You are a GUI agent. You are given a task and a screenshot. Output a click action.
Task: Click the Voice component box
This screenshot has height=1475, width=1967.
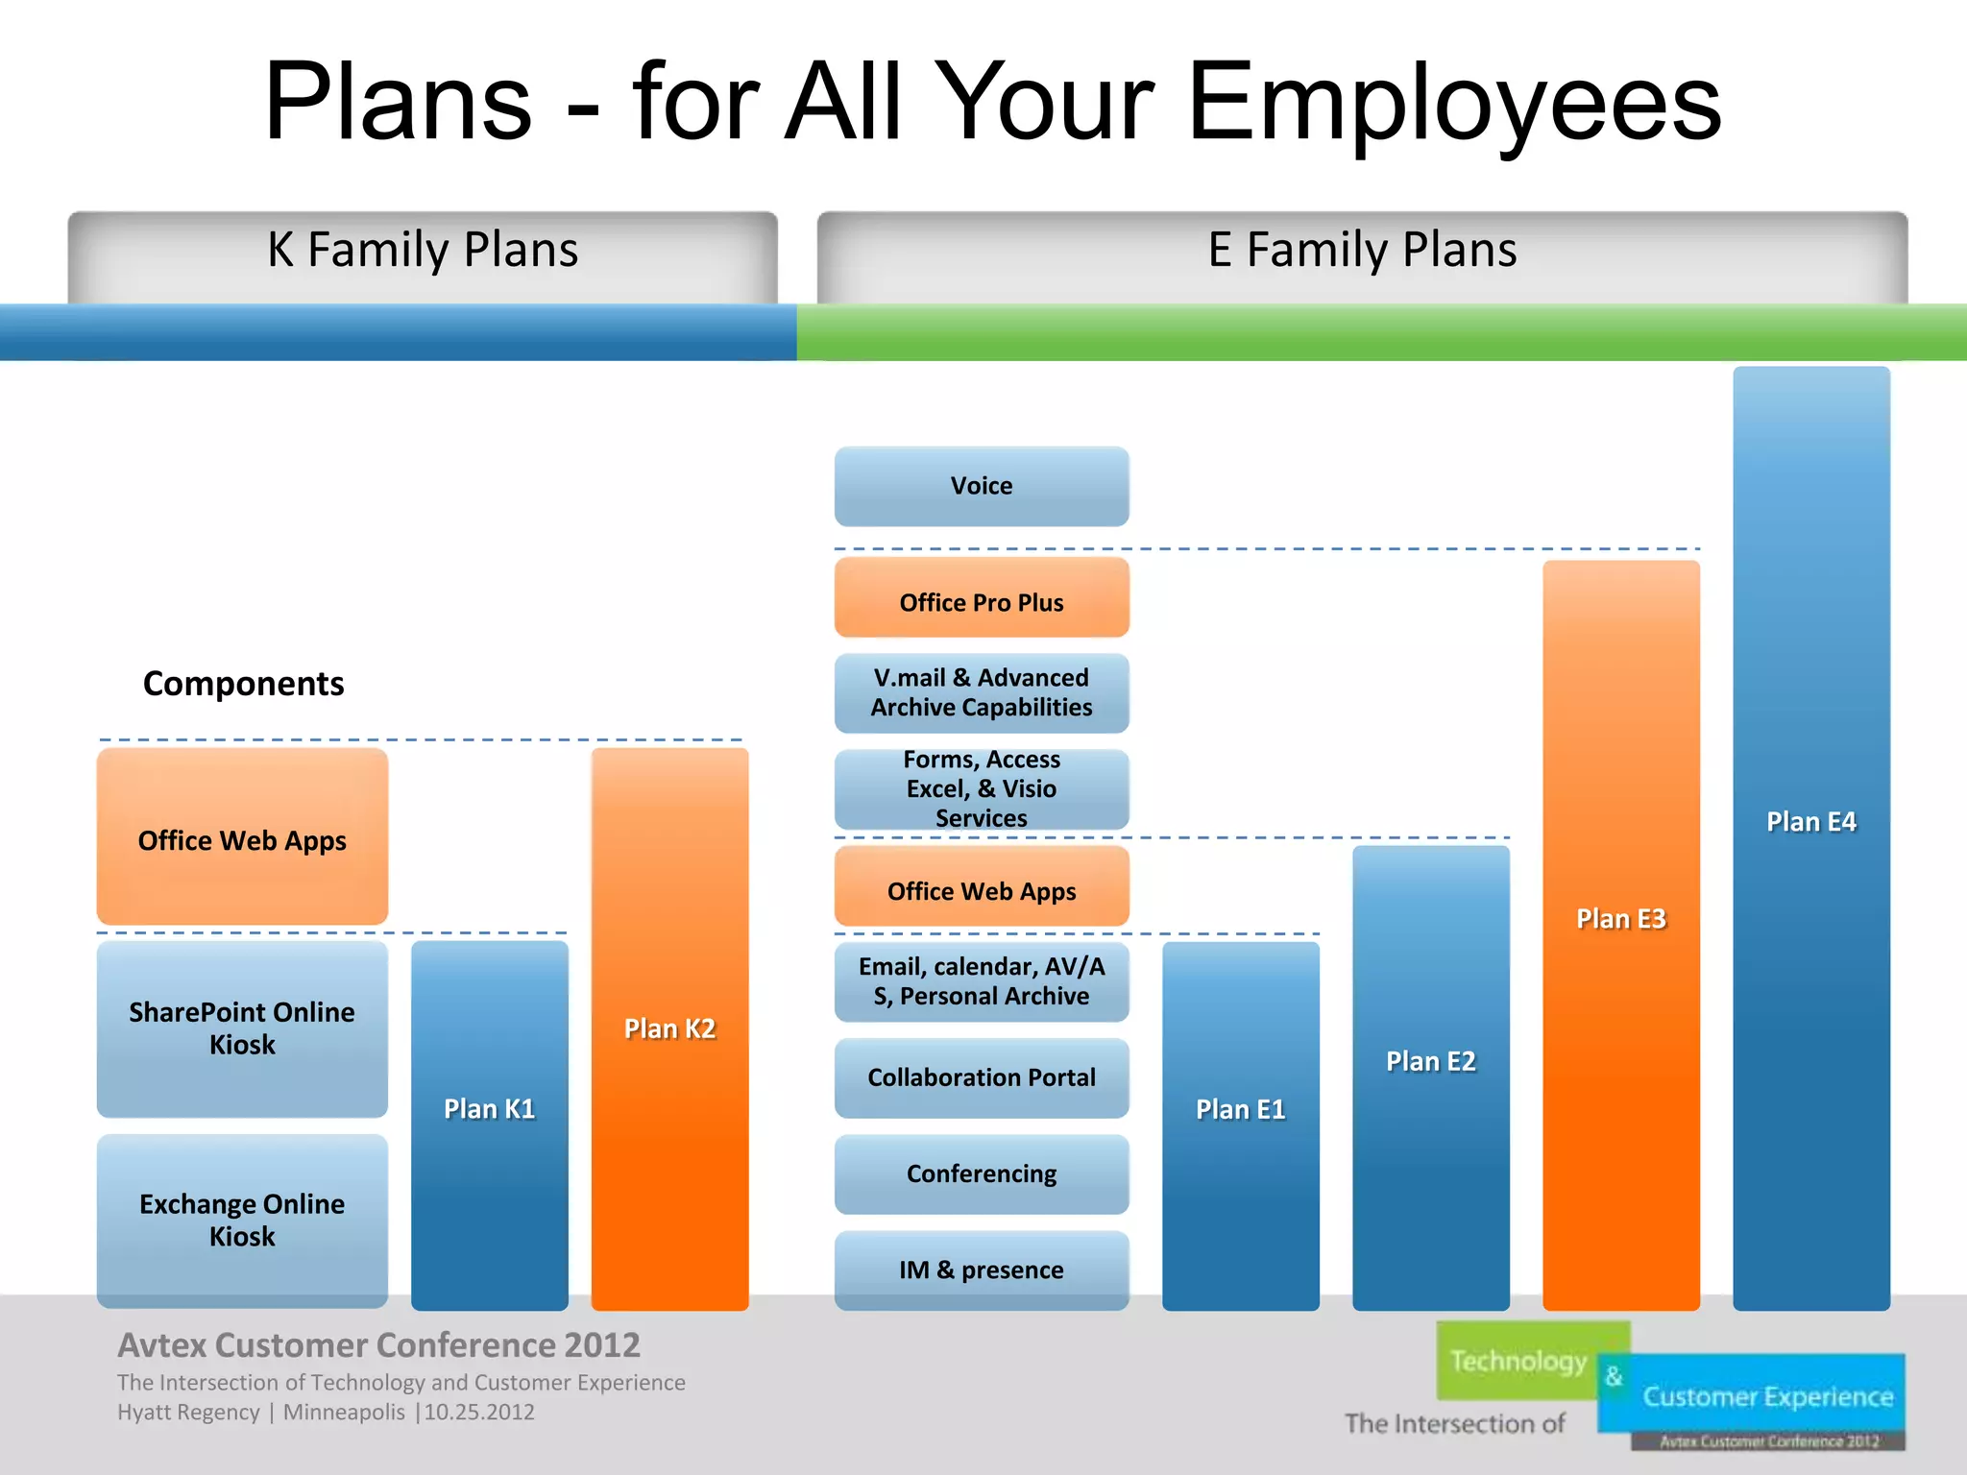[981, 486]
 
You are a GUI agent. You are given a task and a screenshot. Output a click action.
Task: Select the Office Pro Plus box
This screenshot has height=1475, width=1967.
[981, 601]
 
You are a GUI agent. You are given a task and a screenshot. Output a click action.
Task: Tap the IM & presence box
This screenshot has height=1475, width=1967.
[981, 1269]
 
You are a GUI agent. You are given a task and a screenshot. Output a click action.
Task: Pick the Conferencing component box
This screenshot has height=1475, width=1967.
[981, 1173]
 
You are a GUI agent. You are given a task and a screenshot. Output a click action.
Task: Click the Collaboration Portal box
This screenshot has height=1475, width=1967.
[981, 1077]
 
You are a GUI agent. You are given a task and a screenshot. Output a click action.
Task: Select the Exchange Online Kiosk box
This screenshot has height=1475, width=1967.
[242, 1220]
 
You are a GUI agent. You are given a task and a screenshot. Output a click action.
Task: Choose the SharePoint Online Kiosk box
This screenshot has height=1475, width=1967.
[242, 1028]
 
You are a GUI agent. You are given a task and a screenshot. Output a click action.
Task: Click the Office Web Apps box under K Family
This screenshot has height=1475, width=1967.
[242, 839]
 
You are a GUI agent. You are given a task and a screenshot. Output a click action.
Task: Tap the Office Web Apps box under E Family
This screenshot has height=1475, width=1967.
[981, 890]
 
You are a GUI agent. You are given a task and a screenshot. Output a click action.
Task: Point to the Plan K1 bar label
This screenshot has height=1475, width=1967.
[489, 1108]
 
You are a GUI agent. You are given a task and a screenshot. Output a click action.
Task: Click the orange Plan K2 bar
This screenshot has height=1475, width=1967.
[669, 1028]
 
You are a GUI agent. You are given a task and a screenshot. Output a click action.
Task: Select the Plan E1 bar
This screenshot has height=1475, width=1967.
[1240, 1109]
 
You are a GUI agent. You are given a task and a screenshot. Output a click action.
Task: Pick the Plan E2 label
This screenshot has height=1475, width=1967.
[1430, 1061]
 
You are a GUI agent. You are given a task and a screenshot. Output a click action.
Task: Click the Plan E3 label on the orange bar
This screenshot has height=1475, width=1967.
[1620, 919]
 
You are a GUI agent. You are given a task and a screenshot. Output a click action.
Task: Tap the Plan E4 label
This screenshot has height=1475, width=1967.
[1810, 822]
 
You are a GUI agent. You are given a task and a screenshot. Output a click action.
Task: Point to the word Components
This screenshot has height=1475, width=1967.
[243, 684]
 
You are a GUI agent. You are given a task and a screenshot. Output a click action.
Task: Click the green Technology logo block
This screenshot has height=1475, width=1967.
[1518, 1361]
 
